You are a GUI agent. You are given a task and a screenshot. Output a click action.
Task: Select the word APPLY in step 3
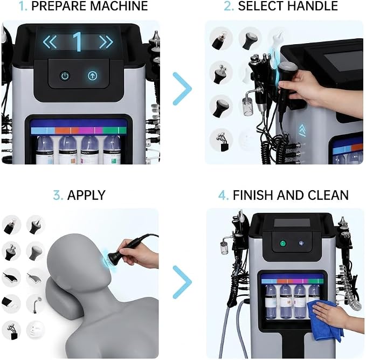click(86, 195)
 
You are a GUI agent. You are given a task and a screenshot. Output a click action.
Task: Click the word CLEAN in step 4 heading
click(328, 195)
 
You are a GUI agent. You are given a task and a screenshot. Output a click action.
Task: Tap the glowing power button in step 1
click(65, 76)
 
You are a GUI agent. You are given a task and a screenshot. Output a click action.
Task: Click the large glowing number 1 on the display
click(78, 41)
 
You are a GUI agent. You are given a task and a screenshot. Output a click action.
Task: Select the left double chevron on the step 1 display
click(50, 42)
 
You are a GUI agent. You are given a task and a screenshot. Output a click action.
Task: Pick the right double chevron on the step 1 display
click(106, 42)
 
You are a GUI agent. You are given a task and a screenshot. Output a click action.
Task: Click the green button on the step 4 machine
click(283, 244)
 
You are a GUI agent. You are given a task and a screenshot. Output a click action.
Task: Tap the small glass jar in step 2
click(247, 106)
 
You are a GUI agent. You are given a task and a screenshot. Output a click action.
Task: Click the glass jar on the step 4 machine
click(225, 248)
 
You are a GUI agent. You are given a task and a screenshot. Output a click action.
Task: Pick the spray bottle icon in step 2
click(219, 40)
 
